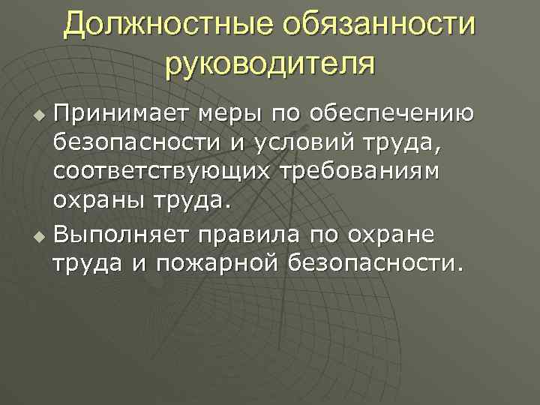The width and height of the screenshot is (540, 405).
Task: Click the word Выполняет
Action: [x=120, y=235]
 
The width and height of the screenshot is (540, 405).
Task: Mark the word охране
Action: [x=395, y=235]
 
